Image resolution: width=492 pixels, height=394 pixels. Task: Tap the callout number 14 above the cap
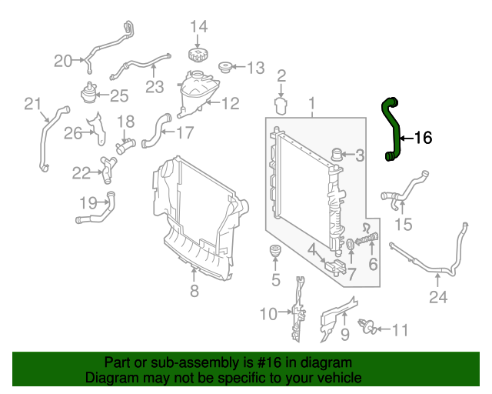click(198, 28)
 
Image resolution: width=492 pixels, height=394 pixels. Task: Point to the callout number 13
click(254, 67)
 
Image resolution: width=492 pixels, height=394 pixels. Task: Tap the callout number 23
click(155, 87)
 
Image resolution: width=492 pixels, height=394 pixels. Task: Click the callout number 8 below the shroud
click(194, 290)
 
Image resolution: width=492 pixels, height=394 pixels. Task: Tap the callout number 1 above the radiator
click(312, 103)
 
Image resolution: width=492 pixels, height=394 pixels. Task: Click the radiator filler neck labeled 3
click(337, 155)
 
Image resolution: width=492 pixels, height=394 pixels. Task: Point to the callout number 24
click(437, 298)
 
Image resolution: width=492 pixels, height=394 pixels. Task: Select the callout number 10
click(268, 313)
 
